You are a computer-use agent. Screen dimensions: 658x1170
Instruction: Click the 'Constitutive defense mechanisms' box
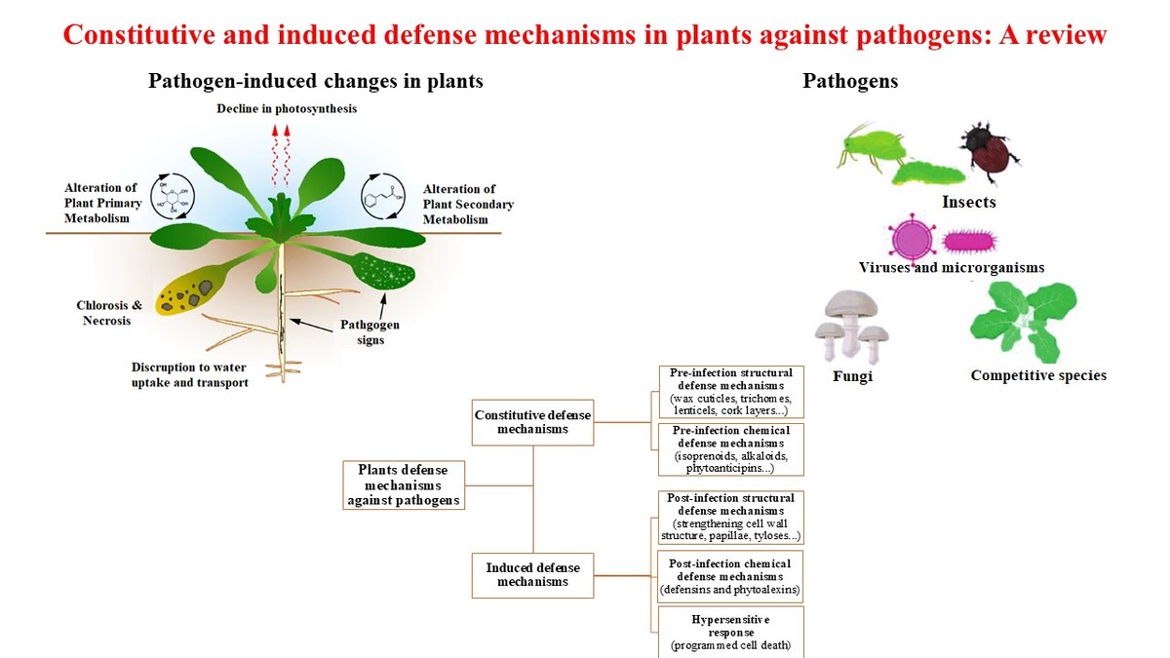[x=532, y=422]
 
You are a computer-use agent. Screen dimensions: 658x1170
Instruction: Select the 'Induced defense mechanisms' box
[x=532, y=574]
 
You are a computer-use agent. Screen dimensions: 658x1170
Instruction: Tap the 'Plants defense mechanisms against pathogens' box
[x=404, y=484]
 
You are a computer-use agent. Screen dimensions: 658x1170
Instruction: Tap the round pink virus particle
[x=915, y=239]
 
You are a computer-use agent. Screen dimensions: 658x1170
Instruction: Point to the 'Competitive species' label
[x=1038, y=375]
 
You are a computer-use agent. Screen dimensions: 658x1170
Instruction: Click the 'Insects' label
[x=968, y=203]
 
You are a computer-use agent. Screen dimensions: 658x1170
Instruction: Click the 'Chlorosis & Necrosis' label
[x=109, y=313]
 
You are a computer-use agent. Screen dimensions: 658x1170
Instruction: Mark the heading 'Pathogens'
[x=850, y=82]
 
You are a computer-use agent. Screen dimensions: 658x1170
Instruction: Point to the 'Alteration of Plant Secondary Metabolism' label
[x=468, y=205]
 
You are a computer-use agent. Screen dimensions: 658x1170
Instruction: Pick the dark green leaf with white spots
[x=386, y=275]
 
